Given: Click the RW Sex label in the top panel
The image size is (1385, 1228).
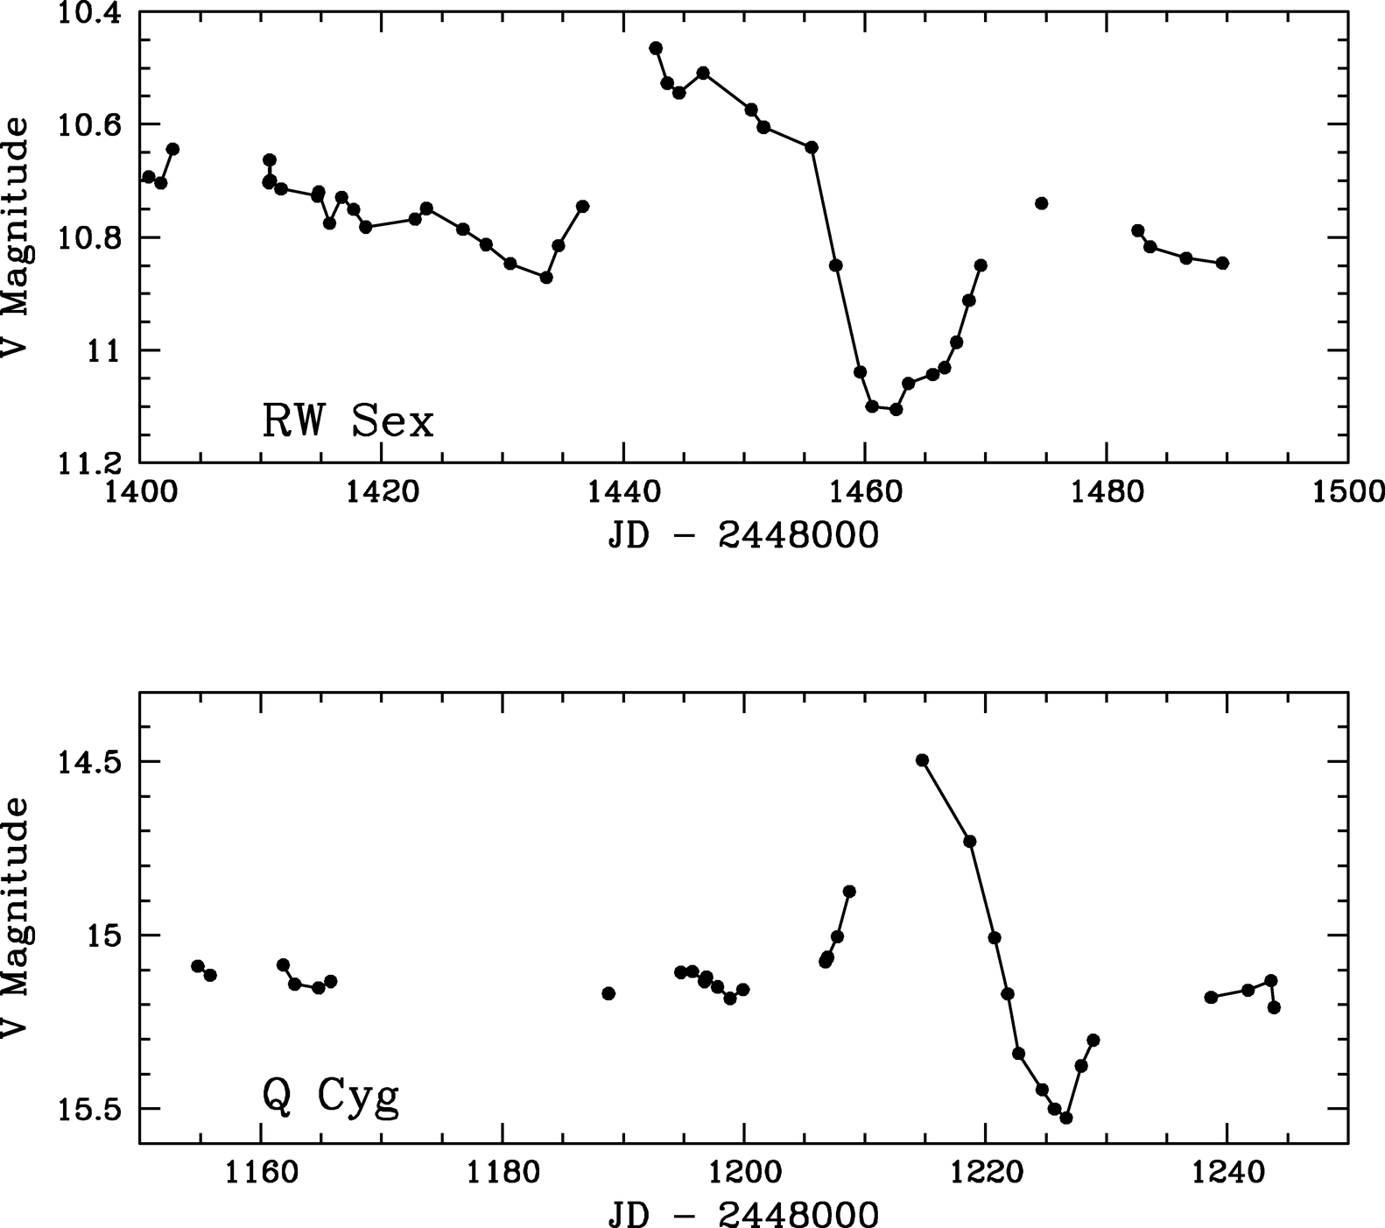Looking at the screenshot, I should (348, 422).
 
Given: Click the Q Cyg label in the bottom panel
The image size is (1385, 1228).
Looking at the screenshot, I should (330, 1097).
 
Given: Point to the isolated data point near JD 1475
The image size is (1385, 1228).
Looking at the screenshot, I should (1041, 203).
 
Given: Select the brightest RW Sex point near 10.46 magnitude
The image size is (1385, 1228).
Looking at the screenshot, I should (656, 47).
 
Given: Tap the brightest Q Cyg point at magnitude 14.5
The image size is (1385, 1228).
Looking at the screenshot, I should (922, 759).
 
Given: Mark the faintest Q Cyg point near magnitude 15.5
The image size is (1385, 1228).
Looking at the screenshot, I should (1066, 1118).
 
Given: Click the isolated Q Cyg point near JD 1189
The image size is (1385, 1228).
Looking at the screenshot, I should (608, 992).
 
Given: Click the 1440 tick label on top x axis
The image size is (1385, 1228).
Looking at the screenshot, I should (622, 492).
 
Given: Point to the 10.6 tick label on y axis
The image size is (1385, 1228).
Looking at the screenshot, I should (90, 124).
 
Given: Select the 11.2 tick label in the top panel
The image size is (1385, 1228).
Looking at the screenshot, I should (90, 463).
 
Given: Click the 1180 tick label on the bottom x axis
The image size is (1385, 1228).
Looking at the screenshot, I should (502, 1174).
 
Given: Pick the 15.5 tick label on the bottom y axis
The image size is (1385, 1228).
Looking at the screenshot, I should (90, 1109).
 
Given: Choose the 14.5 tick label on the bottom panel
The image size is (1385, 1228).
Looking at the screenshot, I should (90, 761).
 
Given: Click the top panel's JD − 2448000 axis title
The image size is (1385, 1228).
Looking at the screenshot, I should (742, 535).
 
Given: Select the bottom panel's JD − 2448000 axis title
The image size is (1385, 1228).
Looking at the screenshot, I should (742, 1214).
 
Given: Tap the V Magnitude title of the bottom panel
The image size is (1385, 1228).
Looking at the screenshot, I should (15, 918).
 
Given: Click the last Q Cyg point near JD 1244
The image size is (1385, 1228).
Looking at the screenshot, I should (1274, 1007).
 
